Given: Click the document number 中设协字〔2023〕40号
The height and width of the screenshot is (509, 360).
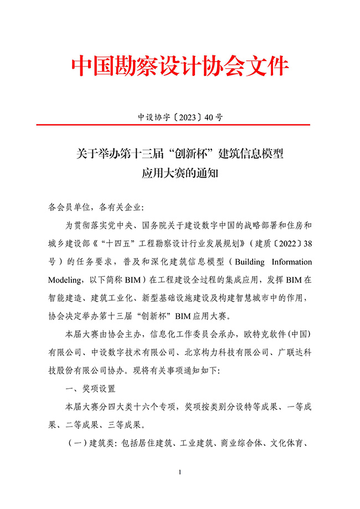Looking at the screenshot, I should (x=180, y=117).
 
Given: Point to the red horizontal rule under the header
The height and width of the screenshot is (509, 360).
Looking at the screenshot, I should (x=180, y=125).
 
